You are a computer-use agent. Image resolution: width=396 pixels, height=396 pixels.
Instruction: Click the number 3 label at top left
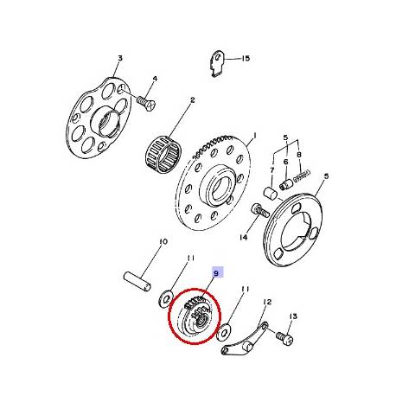(x=119, y=58)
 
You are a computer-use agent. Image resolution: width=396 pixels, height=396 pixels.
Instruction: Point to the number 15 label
(x=246, y=58)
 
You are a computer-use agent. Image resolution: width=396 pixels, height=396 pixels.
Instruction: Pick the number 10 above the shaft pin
(x=162, y=243)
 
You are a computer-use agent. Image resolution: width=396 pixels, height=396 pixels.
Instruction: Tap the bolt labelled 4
(x=145, y=99)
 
